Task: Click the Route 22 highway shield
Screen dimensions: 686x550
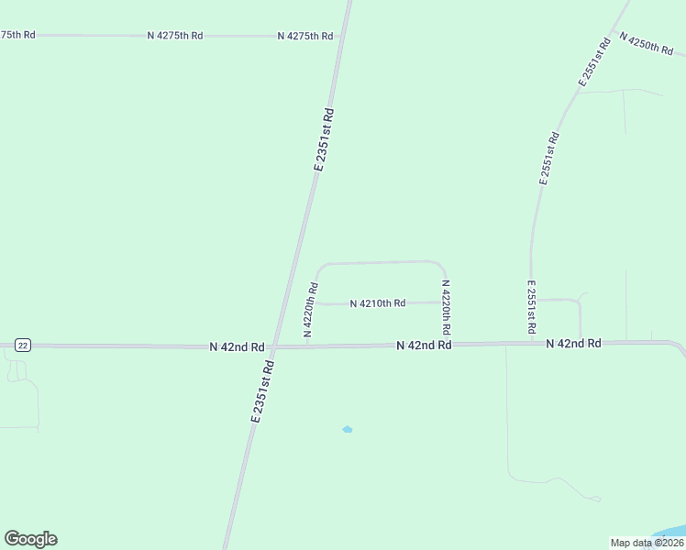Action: (23, 345)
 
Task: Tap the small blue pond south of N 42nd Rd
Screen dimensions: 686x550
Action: (347, 429)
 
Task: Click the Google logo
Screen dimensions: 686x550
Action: (30, 539)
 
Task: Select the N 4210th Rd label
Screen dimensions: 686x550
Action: (377, 303)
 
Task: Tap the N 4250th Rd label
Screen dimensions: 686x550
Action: (647, 43)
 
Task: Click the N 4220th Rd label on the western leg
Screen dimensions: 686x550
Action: (310, 310)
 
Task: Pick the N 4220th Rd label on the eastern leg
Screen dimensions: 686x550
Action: (446, 306)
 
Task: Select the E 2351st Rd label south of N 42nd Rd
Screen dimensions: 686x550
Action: (262, 390)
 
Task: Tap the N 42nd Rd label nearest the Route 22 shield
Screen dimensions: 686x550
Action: (237, 347)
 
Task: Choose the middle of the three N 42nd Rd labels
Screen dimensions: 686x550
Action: (424, 346)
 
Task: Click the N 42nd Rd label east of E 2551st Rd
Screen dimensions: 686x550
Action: (573, 343)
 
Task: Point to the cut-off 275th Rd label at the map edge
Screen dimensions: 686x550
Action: (17, 34)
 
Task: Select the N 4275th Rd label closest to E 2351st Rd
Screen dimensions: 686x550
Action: (304, 36)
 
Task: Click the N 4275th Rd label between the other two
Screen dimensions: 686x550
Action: (174, 35)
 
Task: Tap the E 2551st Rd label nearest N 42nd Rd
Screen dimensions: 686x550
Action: (531, 306)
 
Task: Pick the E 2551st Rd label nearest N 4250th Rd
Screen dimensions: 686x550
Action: (594, 62)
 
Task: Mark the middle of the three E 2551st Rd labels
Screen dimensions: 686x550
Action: (548, 159)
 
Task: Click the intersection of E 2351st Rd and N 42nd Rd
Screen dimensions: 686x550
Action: (273, 347)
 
